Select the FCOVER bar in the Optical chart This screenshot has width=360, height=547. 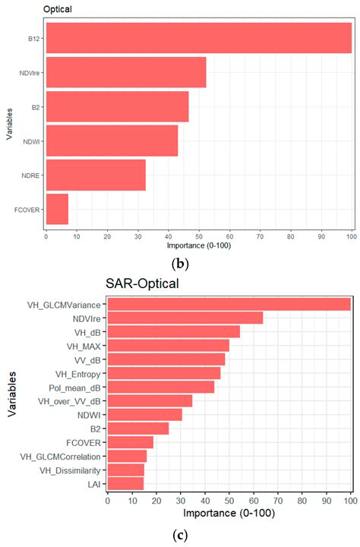pyautogui.click(x=57, y=209)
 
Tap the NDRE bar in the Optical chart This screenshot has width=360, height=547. pyautogui.click(x=96, y=175)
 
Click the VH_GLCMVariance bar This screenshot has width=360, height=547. pyautogui.click(x=229, y=304)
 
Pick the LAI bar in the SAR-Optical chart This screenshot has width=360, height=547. pyautogui.click(x=125, y=483)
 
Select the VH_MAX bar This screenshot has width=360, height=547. pyautogui.click(x=168, y=346)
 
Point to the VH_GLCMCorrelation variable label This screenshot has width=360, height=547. pyautogui.click(x=62, y=456)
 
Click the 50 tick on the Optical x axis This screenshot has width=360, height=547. pyautogui.click(x=199, y=237)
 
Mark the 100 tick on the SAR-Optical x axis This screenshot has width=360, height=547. pyautogui.click(x=350, y=501)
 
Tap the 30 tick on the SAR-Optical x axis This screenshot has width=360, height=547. pyautogui.click(x=180, y=501)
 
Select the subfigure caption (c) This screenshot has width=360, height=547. pyautogui.click(x=179, y=534)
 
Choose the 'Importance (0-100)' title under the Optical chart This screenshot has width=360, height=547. pyautogui.click(x=199, y=247)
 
